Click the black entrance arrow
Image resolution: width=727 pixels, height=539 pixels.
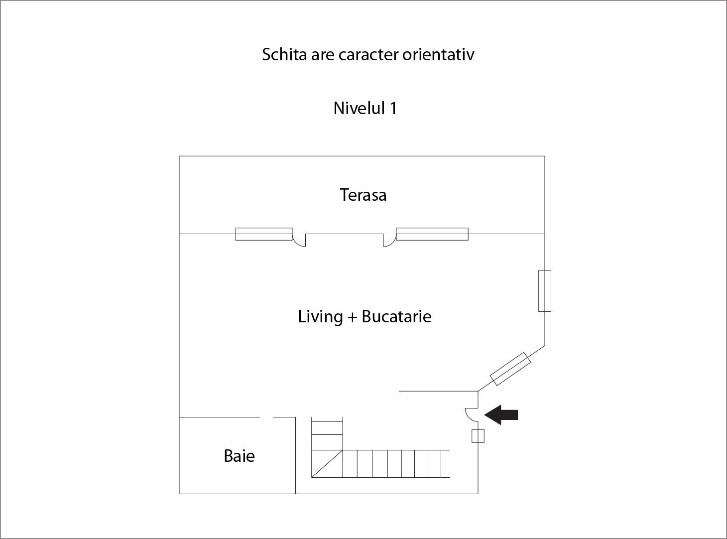click(501, 414)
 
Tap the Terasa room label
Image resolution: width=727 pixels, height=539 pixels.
click(363, 195)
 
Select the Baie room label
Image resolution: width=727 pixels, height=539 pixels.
click(240, 456)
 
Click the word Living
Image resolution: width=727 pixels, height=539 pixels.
click(320, 317)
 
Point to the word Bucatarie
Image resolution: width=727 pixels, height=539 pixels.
click(396, 317)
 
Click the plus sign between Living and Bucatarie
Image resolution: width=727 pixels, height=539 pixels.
click(352, 317)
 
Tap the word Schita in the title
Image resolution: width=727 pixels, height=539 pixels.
click(284, 54)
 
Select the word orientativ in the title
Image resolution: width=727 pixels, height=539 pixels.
click(438, 54)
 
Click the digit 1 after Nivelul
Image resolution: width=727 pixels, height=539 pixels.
click(393, 108)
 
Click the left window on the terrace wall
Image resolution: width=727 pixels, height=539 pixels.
click(264, 234)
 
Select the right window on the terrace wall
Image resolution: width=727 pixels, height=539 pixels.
click(432, 234)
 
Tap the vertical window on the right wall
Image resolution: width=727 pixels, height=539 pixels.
click(545, 290)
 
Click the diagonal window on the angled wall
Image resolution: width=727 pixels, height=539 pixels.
click(510, 369)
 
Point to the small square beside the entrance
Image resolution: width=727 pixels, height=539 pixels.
click(478, 436)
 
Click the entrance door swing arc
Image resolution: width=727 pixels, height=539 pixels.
click(472, 414)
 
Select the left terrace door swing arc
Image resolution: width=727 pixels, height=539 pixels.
click(299, 240)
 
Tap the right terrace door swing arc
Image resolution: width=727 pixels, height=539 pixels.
click(390, 240)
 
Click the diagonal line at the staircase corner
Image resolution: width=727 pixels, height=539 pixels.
click(327, 464)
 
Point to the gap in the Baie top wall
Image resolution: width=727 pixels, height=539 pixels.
click(266, 417)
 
